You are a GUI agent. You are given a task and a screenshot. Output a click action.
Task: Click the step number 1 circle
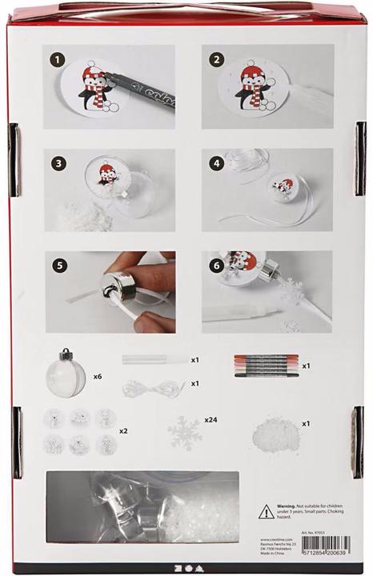(x=57, y=59)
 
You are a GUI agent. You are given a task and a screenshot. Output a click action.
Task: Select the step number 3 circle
(x=57, y=162)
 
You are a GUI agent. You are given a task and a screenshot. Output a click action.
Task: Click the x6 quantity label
(x=97, y=375)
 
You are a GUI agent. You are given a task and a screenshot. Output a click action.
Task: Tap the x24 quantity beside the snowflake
(x=211, y=418)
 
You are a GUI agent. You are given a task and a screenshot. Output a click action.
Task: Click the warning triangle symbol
(x=265, y=511)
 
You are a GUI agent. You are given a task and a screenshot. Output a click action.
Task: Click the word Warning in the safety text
(x=291, y=506)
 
